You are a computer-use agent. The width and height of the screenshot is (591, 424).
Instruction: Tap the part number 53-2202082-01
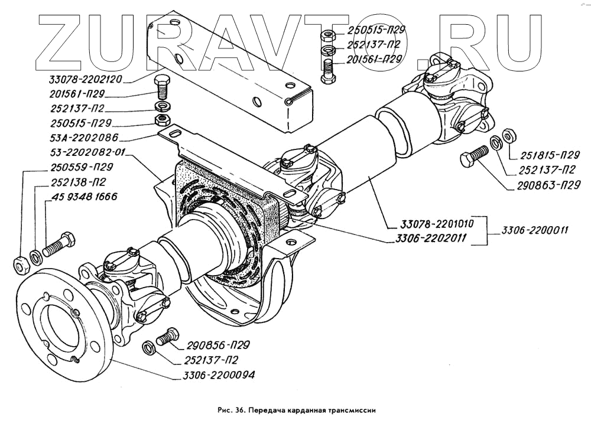[86, 152]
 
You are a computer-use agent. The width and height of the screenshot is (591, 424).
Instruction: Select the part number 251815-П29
[549, 156]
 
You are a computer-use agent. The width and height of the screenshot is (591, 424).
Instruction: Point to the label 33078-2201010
[433, 224]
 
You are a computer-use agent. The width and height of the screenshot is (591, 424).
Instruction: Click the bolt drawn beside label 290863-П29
[473, 158]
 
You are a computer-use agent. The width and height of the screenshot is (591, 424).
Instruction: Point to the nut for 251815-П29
[508, 135]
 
